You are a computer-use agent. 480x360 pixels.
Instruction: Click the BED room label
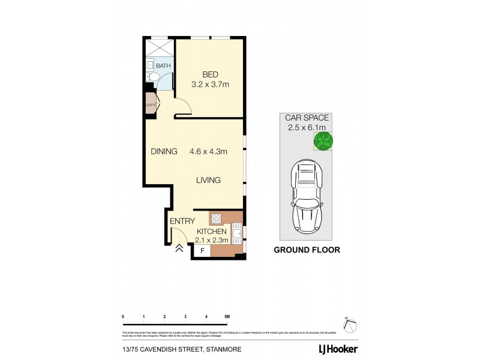209,74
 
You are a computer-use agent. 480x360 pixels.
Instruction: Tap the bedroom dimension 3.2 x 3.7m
211,85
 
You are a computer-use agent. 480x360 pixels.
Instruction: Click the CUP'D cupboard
150,105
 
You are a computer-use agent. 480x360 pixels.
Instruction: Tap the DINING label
164,152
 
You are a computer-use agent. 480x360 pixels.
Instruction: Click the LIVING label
208,180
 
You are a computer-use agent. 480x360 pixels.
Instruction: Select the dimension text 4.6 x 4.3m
208,152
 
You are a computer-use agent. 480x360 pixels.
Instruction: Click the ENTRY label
182,221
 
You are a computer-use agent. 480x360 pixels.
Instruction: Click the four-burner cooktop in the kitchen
216,218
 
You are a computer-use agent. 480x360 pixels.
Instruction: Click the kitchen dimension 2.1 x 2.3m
211,240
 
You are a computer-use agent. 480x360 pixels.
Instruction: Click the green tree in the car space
323,142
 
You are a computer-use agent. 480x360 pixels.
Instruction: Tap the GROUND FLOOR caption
307,250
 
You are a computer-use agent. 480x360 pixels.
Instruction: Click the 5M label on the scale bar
226,316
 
